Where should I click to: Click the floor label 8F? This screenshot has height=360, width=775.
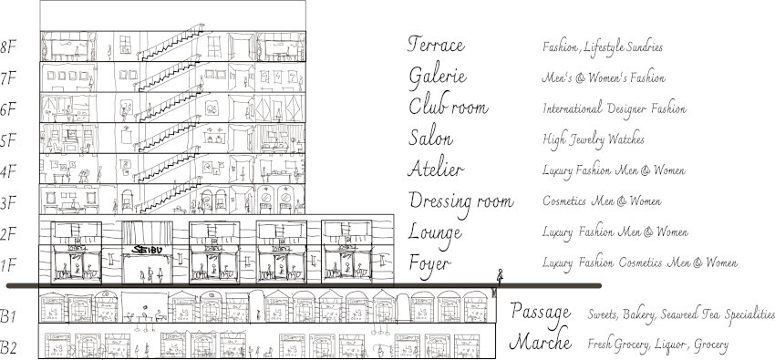(8, 48)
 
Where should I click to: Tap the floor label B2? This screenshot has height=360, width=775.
(8, 348)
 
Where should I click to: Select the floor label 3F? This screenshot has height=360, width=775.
(8, 202)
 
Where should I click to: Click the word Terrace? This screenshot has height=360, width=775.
(436, 44)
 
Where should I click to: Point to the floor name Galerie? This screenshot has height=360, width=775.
(438, 77)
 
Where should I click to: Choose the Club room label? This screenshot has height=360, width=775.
(449, 105)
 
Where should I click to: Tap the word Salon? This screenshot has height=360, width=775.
(430, 137)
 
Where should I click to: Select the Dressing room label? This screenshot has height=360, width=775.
(461, 202)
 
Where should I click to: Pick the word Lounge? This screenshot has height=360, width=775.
(435, 234)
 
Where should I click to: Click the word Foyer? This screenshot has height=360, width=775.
(430, 264)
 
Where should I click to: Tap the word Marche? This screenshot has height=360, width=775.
(541, 341)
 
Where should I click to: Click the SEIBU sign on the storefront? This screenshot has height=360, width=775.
(149, 250)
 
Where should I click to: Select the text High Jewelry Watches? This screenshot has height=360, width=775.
(594, 139)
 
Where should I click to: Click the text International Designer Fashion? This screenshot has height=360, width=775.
(615, 108)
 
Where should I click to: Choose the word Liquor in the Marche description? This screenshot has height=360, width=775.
(671, 345)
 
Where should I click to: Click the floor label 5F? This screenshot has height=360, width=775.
(8, 140)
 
